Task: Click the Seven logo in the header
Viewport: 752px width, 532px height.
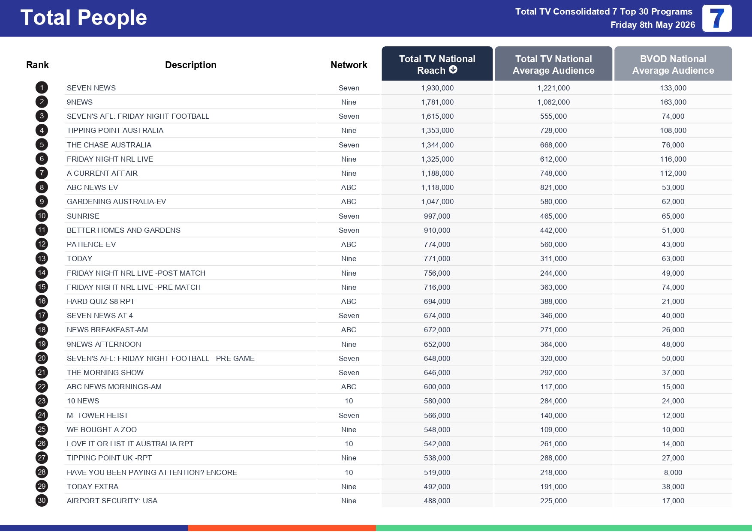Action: click(x=717, y=18)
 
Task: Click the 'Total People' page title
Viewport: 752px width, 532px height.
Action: click(x=84, y=18)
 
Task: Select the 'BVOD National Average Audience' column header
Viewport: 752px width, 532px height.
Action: click(x=673, y=64)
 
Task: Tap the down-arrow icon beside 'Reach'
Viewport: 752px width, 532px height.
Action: click(x=453, y=70)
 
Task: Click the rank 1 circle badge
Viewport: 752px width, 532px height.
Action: click(x=42, y=88)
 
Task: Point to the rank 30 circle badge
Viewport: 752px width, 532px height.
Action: click(x=42, y=501)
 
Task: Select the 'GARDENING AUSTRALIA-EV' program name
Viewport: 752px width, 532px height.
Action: click(x=116, y=202)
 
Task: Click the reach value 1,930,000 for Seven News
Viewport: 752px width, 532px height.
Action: click(x=437, y=88)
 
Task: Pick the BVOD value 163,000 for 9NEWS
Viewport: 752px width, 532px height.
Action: click(x=673, y=102)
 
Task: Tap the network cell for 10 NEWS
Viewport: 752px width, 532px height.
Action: click(x=349, y=401)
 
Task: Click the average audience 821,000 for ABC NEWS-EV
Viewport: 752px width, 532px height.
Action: click(x=553, y=188)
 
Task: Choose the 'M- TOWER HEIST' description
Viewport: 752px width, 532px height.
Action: click(x=97, y=415)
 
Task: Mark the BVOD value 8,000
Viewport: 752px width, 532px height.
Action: click(x=673, y=472)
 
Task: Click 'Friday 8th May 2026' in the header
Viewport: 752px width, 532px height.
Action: click(x=653, y=25)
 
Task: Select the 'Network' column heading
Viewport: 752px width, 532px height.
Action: click(x=349, y=65)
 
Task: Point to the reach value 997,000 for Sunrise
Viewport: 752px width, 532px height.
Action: click(x=437, y=216)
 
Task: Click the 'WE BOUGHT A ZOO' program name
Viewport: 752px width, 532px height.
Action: click(x=102, y=430)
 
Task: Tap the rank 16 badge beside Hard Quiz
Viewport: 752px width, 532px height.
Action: click(x=42, y=301)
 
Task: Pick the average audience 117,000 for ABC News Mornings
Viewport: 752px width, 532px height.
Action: click(x=553, y=387)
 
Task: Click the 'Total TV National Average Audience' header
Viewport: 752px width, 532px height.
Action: click(x=553, y=64)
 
